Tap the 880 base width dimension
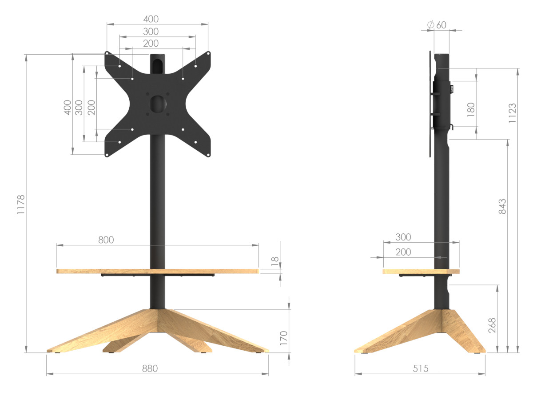tap(150, 368)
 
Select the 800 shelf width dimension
tap(106, 240)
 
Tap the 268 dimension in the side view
tap(492, 325)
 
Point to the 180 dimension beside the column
tap(471, 109)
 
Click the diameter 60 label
tap(437, 25)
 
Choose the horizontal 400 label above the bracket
tap(151, 19)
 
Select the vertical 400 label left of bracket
tap(68, 107)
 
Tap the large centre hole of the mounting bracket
tap(158, 103)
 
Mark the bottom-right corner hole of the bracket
tap(208, 155)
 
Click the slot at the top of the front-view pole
tap(158, 63)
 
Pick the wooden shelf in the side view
tap(421, 271)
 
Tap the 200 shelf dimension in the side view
tap(403, 252)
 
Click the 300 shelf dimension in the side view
tap(403, 237)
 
